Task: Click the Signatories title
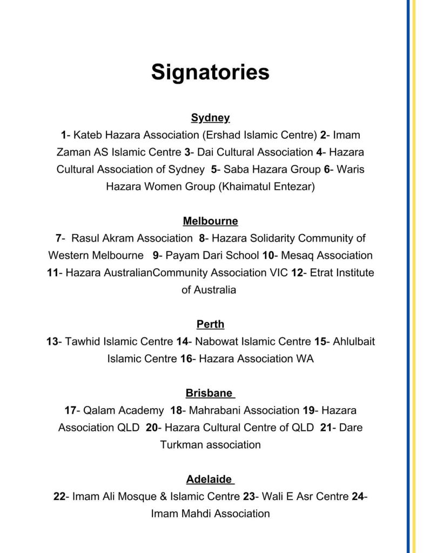[x=210, y=72]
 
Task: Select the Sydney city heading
[x=210, y=117]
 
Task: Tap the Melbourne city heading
[x=210, y=221]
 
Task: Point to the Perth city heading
[x=210, y=324]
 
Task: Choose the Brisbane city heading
[x=209, y=393]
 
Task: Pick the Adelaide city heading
[x=209, y=479]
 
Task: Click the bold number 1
[x=63, y=135]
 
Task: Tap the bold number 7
[x=58, y=238]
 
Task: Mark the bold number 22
[x=59, y=496]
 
